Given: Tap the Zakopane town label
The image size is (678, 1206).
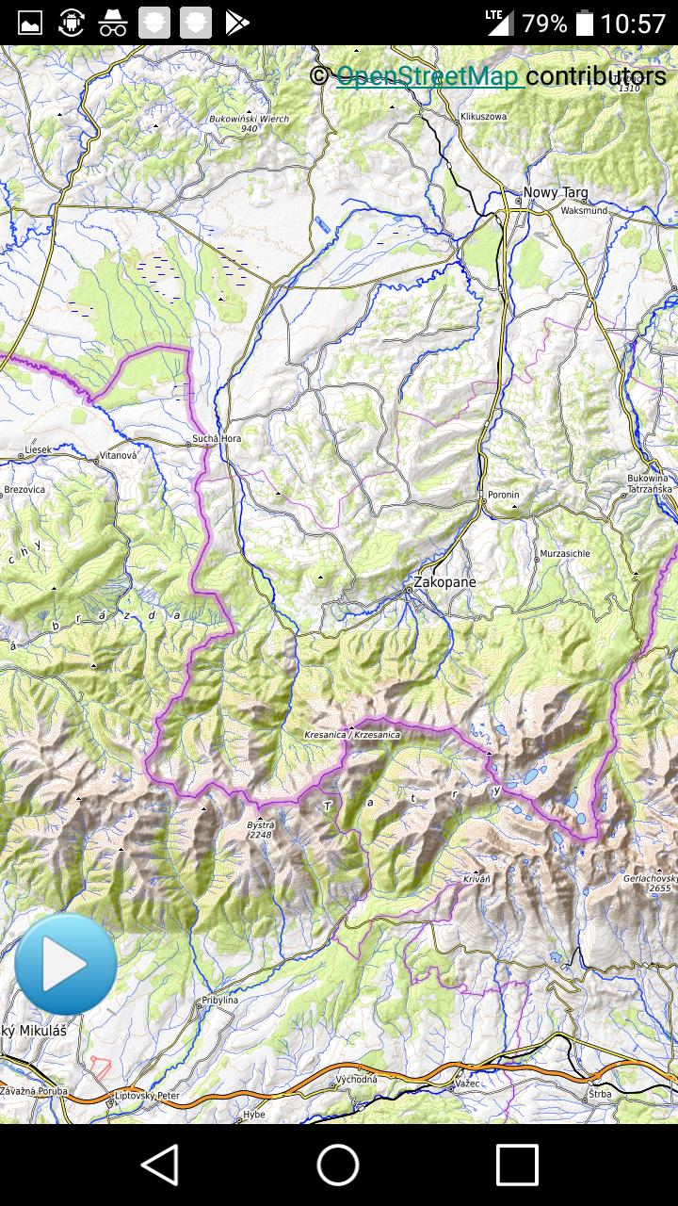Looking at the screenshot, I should [444, 582].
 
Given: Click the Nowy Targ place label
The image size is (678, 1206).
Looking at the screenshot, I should [555, 192].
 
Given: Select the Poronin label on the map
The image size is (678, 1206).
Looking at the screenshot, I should [503, 495].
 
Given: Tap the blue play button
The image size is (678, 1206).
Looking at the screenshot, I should [66, 964].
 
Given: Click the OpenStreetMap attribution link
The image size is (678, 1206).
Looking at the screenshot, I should [429, 76].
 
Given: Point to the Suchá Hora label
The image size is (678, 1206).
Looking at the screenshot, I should [217, 438].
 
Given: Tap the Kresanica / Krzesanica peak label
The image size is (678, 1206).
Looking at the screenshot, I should [352, 734].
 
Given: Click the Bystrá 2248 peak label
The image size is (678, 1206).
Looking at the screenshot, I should [260, 829].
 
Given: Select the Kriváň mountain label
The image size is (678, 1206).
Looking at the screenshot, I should [476, 878].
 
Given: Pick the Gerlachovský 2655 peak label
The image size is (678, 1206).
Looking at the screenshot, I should [648, 883].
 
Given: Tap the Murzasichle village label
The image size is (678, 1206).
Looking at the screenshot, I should [565, 553].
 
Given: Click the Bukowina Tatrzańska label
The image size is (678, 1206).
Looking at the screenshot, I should [650, 483].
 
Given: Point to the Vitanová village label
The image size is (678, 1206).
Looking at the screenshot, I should [118, 455].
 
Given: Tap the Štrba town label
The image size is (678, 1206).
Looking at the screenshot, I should [600, 1094].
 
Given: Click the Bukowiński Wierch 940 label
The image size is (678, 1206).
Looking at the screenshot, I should [249, 123].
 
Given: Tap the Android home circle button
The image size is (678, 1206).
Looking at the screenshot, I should [338, 1165].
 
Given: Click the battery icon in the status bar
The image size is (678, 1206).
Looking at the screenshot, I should [585, 23].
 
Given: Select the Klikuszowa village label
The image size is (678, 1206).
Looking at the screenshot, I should [483, 116].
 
